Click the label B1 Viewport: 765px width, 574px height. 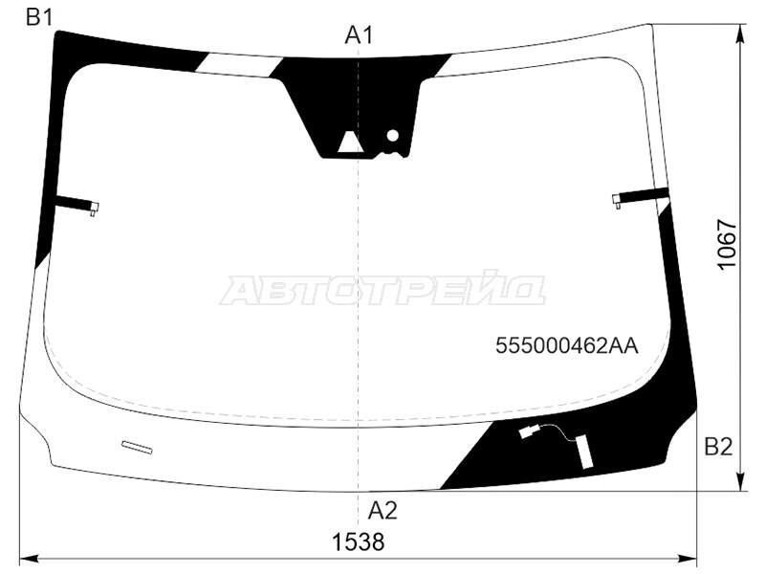39,18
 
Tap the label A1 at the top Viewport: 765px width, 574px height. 359,35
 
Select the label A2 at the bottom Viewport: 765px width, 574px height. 382,511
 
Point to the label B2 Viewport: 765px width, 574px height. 718,447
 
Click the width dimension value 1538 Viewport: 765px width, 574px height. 358,541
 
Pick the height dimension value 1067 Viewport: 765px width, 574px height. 727,244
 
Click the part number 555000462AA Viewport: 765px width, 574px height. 567,346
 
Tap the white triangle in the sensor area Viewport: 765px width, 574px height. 349,142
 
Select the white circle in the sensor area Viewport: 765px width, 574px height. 393,136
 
